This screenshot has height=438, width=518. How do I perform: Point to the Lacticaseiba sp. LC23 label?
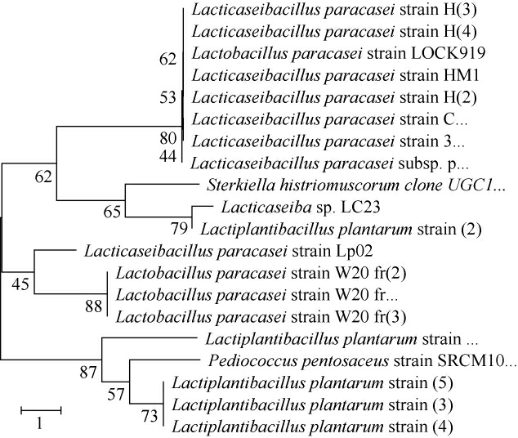coord(270,208)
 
